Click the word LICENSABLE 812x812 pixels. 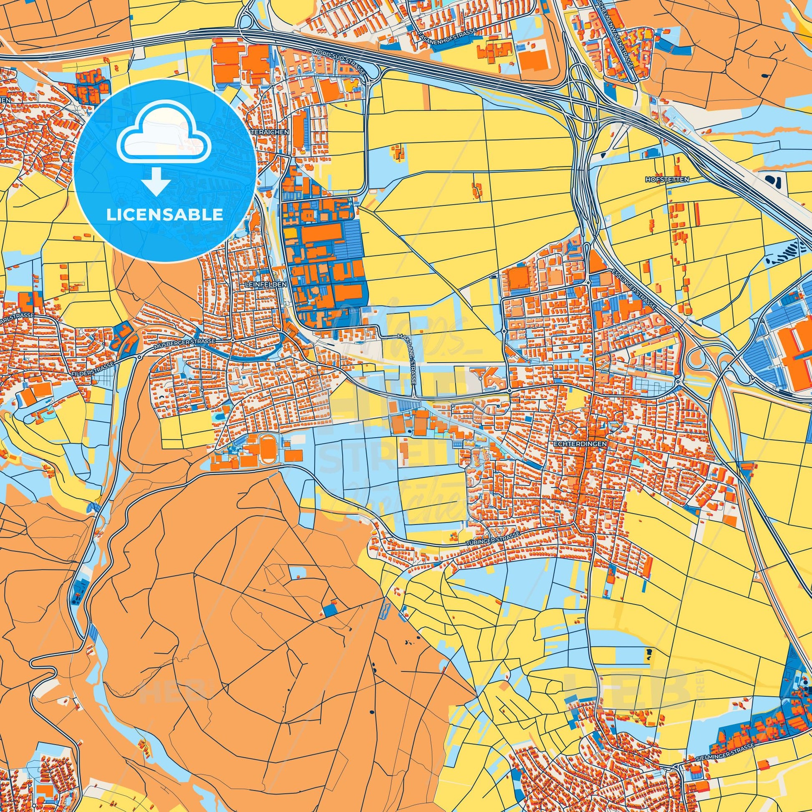tap(165, 215)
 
